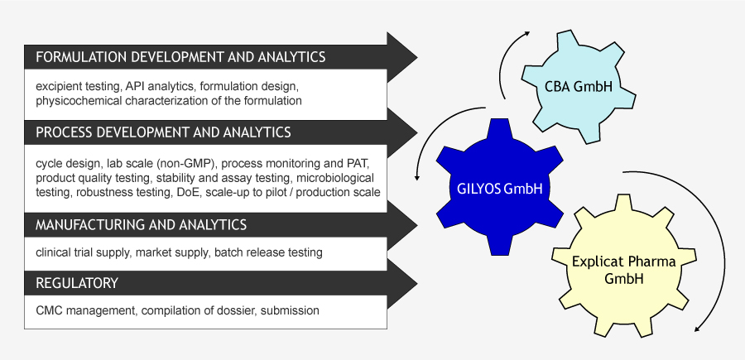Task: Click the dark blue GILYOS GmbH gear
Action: (500, 187)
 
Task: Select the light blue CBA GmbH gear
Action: (579, 86)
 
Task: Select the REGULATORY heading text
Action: (77, 283)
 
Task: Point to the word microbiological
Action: (335, 178)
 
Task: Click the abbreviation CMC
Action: (49, 311)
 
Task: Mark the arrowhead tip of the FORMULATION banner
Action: (417, 57)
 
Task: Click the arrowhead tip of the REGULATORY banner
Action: (417, 284)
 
